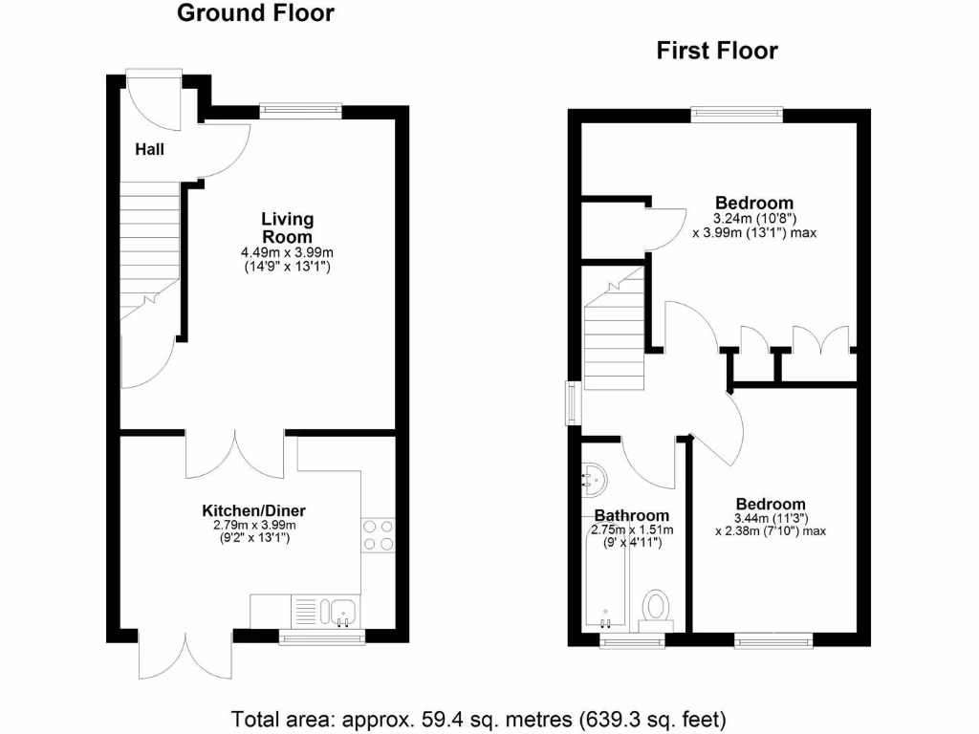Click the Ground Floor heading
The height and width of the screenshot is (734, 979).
(256, 13)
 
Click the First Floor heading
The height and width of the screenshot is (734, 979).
(717, 51)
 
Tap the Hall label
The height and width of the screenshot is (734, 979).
(149, 149)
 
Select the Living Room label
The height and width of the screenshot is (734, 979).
(287, 228)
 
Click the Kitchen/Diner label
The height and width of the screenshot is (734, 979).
(253, 510)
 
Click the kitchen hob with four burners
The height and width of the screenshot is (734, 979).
(378, 535)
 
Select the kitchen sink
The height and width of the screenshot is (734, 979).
(337, 610)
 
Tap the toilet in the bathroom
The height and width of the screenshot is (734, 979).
(656, 607)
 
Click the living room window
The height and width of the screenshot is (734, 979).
(300, 111)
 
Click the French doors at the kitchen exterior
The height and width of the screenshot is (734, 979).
(185, 655)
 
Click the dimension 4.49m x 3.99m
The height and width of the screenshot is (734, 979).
(287, 252)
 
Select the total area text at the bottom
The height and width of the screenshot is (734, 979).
(479, 717)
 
